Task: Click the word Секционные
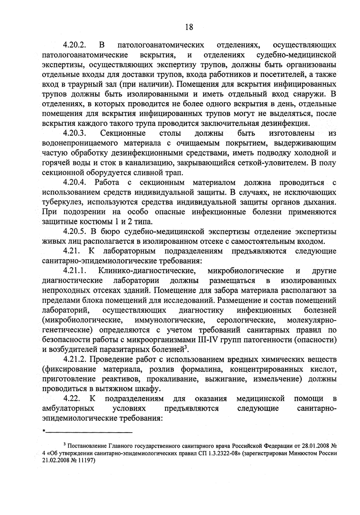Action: point(122,134)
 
